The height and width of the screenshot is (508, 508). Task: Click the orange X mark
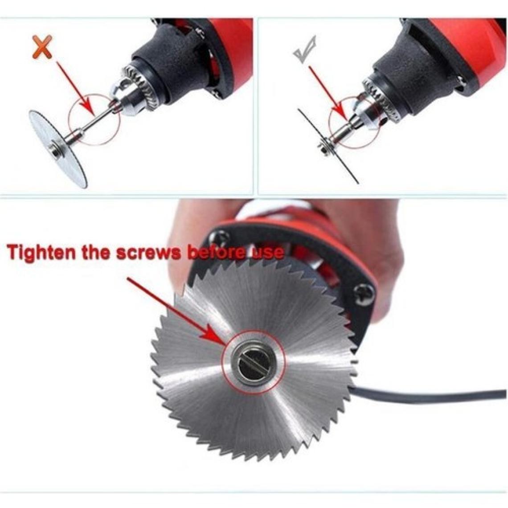(x=42, y=47)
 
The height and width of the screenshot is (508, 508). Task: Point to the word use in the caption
(x=268, y=252)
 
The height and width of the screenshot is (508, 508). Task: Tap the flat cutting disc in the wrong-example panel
(x=58, y=149)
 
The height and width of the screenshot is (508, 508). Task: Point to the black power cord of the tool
(x=431, y=396)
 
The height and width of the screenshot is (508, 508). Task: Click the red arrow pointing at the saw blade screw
(x=177, y=311)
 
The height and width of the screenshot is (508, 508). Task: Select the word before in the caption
(x=218, y=252)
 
